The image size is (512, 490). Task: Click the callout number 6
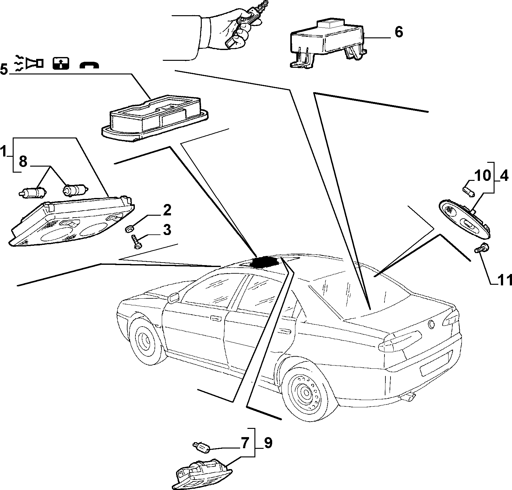click(x=398, y=32)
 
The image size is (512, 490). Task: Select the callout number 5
click(x=4, y=69)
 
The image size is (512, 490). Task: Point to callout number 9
click(x=267, y=443)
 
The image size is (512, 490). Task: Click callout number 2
click(x=167, y=210)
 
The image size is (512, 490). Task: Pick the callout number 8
click(x=23, y=162)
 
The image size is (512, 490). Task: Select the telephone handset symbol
click(x=89, y=65)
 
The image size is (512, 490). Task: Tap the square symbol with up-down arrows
click(x=61, y=63)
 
